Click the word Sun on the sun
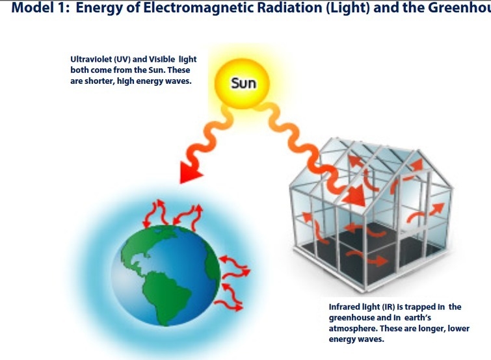click(x=244, y=84)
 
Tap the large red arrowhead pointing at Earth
click(x=190, y=172)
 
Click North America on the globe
click(x=141, y=247)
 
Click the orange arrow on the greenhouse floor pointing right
click(x=368, y=258)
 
